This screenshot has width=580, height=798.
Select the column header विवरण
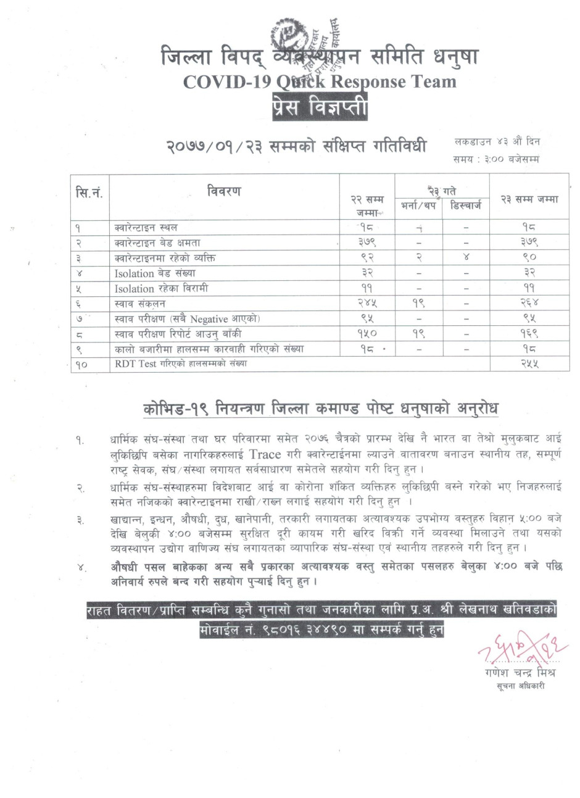224,191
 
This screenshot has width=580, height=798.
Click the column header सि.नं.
89,193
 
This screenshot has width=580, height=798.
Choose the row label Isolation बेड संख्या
155,273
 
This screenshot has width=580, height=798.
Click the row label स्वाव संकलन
140,304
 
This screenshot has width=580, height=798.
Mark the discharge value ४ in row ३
466,258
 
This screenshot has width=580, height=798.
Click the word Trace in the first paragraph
265,454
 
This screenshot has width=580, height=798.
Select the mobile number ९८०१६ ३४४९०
294,630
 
